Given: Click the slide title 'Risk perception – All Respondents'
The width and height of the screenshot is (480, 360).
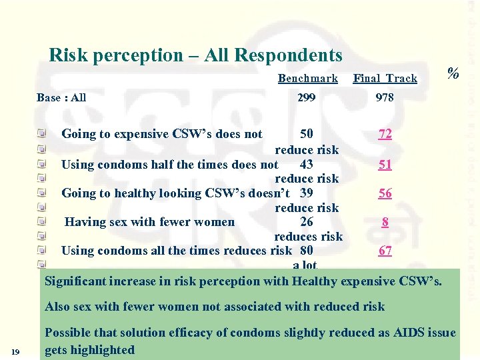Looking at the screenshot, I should [195, 55].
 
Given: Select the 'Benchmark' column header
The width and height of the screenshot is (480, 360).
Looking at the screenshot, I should [308, 79].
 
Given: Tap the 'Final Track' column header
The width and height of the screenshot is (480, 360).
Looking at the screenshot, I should [385, 79].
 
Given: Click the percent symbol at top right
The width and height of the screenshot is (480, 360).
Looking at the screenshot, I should [453, 73].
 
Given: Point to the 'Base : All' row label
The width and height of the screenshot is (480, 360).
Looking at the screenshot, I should [61, 98].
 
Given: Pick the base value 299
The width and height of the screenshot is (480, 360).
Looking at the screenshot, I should [307, 98].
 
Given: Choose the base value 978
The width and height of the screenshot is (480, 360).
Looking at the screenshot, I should [385, 98].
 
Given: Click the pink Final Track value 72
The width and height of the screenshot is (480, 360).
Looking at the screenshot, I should [385, 134].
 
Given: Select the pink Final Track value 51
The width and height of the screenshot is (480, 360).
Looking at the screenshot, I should [385, 165].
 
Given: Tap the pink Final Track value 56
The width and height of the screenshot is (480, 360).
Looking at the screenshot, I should [385, 193].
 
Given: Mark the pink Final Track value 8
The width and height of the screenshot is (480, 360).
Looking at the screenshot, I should [385, 223].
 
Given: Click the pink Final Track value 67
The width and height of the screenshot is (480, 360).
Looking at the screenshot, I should [385, 251].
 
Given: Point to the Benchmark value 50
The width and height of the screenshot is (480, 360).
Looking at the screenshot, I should [307, 134].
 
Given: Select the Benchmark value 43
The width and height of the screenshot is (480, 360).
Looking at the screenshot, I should [307, 164].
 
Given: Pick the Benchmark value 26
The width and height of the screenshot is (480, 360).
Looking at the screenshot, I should [307, 222].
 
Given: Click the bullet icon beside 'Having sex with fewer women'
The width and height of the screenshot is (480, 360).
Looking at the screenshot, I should [42, 222].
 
